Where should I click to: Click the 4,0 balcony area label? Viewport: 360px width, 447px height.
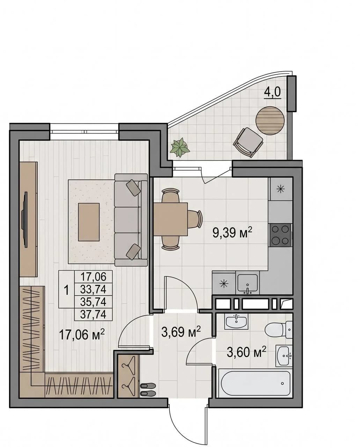pyautogui.click(x=272, y=92)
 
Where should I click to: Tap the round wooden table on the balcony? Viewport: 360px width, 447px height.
pyautogui.click(x=270, y=121)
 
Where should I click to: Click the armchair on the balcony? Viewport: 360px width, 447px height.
pyautogui.click(x=248, y=142)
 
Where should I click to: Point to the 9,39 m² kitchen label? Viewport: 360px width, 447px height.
pyautogui.click(x=232, y=232)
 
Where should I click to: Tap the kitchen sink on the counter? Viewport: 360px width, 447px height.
pyautogui.click(x=248, y=284)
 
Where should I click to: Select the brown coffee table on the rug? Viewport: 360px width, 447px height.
pyautogui.click(x=89, y=222)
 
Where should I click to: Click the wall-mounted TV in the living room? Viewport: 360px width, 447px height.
pyautogui.click(x=25, y=220)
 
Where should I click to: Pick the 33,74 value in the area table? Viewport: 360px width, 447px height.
pyautogui.click(x=93, y=289)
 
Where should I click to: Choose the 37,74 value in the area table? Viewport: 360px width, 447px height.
pyautogui.click(x=93, y=314)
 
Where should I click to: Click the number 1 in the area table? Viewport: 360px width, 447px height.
pyautogui.click(x=66, y=290)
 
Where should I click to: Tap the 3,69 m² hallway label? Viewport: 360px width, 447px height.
pyautogui.click(x=181, y=332)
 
